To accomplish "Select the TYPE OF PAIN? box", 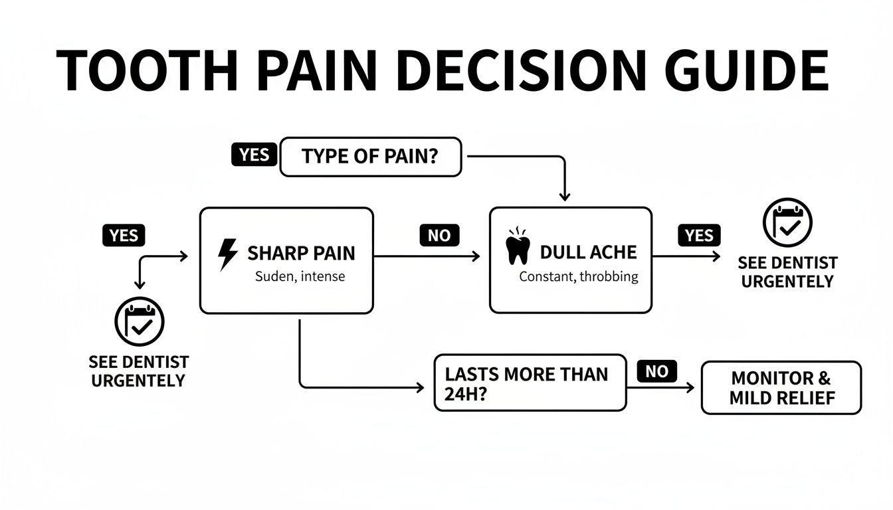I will tap(370, 157).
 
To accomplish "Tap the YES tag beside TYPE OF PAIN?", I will tap(254, 155).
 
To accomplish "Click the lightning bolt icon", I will tap(227, 255).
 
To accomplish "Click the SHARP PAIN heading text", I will tap(301, 253).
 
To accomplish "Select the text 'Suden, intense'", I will tap(300, 276).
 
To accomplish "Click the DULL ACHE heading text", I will tap(588, 252).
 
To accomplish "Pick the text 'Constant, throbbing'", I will tap(578, 277).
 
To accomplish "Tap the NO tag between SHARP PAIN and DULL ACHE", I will tap(439, 235).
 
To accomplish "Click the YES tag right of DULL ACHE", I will tap(699, 235).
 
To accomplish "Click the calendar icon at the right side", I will tap(787, 223).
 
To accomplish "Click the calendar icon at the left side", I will tap(139, 322).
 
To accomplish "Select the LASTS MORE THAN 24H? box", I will tap(530, 382).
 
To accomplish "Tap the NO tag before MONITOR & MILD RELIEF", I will tap(656, 371).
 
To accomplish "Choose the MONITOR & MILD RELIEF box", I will tap(781, 388).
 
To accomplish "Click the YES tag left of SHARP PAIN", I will tap(124, 235).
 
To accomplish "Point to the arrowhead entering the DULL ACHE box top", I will tap(564, 196).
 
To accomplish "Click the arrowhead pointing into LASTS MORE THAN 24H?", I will tap(419, 386).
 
